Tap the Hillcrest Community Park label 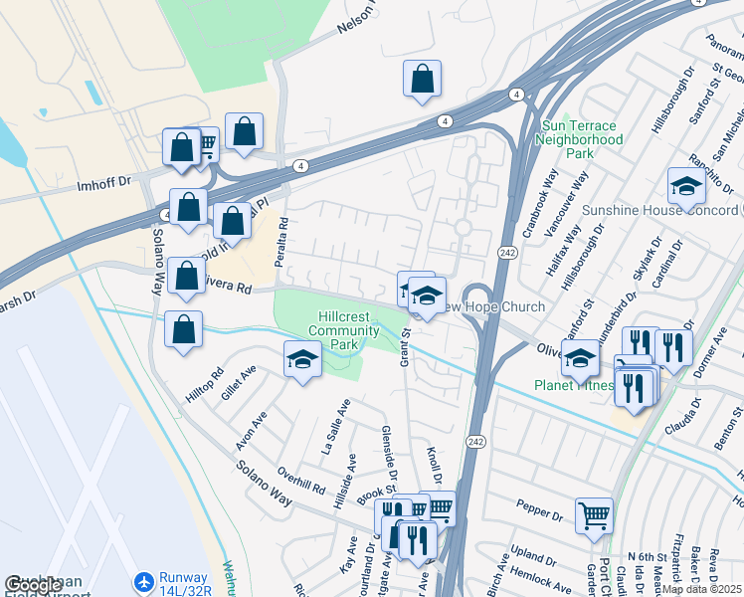(338, 330)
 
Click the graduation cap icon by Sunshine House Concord (686, 186)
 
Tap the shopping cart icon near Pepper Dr (594, 515)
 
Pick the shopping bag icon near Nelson (422, 79)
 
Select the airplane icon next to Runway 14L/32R (145, 580)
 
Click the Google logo (34, 586)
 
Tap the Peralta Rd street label (282, 238)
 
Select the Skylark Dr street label (652, 258)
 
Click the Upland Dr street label (533, 554)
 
